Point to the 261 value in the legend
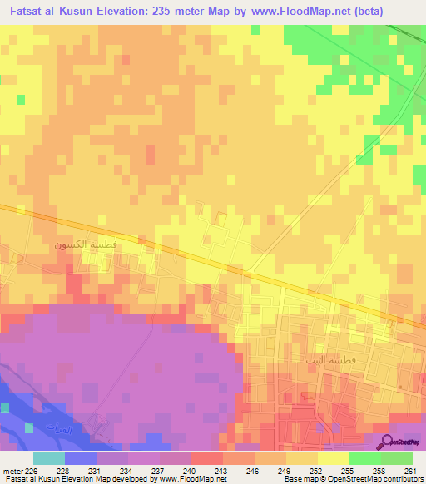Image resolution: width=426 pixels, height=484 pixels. [410, 470]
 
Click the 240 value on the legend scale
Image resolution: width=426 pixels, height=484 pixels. [190, 470]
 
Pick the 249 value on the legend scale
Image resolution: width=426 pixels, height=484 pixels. [285, 470]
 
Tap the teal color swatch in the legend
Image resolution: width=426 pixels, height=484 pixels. [48, 458]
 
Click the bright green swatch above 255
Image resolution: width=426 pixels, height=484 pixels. [364, 458]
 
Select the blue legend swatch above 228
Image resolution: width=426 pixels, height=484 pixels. [80, 458]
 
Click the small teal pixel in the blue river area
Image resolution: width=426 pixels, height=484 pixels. [30, 428]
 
